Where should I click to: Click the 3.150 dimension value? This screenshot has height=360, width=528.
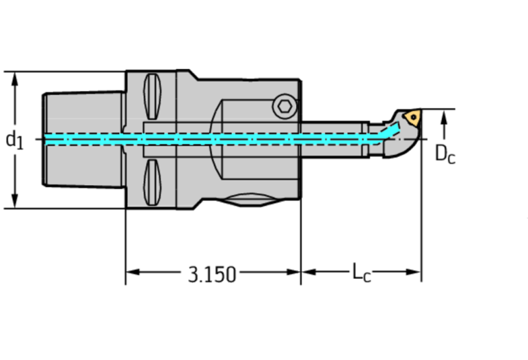pos(212,274)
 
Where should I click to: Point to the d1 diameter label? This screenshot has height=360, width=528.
pos(14,140)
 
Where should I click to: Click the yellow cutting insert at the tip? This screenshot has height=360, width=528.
pos(412,116)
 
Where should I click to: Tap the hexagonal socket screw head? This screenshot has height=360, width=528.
pos(282,106)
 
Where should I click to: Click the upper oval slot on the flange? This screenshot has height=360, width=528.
pos(152,96)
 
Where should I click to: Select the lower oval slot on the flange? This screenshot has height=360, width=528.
pos(152,184)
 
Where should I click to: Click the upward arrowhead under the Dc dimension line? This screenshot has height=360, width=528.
pos(445,118)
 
